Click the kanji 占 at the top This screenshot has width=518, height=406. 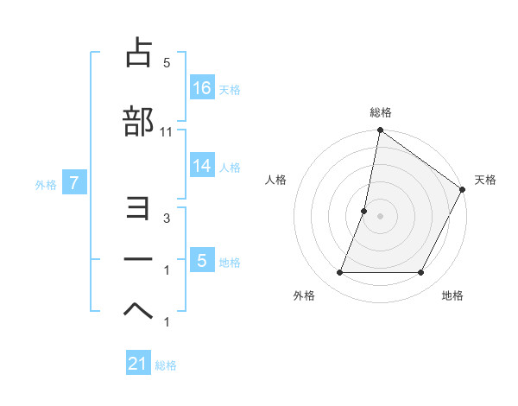click(x=138, y=53)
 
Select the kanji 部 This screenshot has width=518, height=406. click(x=138, y=122)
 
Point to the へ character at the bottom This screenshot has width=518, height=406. click(x=138, y=310)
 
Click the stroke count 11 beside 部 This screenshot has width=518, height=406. click(x=167, y=131)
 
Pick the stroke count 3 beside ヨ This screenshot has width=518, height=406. click(x=167, y=219)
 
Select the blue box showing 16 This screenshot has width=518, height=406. click(x=202, y=87)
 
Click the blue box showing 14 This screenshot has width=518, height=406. click(x=202, y=166)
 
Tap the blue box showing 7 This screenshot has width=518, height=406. click(x=74, y=182)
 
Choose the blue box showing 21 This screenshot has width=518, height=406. click(x=138, y=364)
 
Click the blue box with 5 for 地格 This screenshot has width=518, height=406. click(x=202, y=260)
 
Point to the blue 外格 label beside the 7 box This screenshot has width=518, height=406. click(x=46, y=183)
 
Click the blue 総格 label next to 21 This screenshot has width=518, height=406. click(x=166, y=365)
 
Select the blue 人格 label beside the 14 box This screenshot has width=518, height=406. click(x=230, y=167)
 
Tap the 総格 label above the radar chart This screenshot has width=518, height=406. click(x=380, y=112)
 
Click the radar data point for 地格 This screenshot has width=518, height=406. click(x=421, y=273)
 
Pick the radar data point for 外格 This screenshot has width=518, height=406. click(x=339, y=273)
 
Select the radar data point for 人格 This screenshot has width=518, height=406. click(x=364, y=211)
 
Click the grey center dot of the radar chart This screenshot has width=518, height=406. click(x=380, y=216)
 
